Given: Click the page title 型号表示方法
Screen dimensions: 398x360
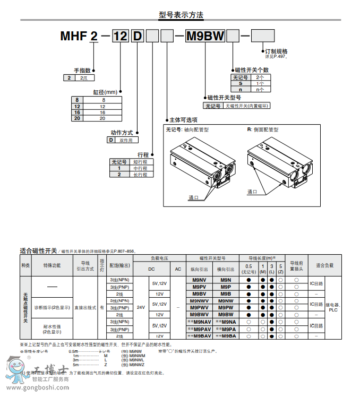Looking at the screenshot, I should pyautogui.click(x=180, y=15).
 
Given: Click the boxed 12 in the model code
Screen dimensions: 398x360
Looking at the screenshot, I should pyautogui.click(x=121, y=37).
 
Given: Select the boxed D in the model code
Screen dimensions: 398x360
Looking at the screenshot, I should pyautogui.click(x=138, y=37).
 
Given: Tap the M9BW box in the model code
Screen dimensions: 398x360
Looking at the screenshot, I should pyautogui.click(x=204, y=37).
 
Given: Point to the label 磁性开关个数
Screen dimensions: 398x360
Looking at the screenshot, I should pyautogui.click(x=252, y=70).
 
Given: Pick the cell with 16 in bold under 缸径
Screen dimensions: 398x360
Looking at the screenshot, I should pyautogui.click(x=77, y=113).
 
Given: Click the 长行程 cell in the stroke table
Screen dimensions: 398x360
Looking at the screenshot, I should pyautogui.click(x=140, y=174).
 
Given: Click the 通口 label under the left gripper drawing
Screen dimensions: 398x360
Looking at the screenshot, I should pyautogui.click(x=193, y=197).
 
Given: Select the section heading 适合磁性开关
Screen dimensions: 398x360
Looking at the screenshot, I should pyautogui.click(x=38, y=250).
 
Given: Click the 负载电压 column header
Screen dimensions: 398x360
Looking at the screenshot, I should pyautogui.click(x=159, y=258).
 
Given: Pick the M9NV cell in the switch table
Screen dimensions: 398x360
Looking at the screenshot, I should pyautogui.click(x=199, y=280).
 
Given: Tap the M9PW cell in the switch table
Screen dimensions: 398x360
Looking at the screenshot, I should pyautogui.click(x=225, y=308).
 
